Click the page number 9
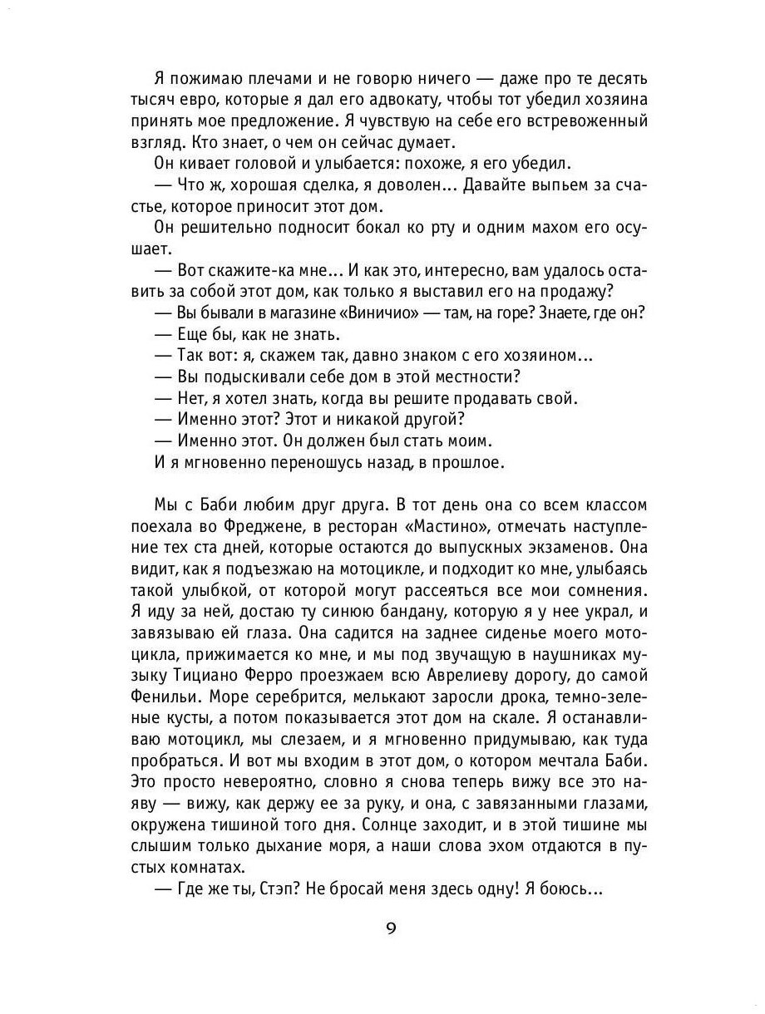click(x=390, y=928)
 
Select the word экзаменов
click(x=567, y=548)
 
